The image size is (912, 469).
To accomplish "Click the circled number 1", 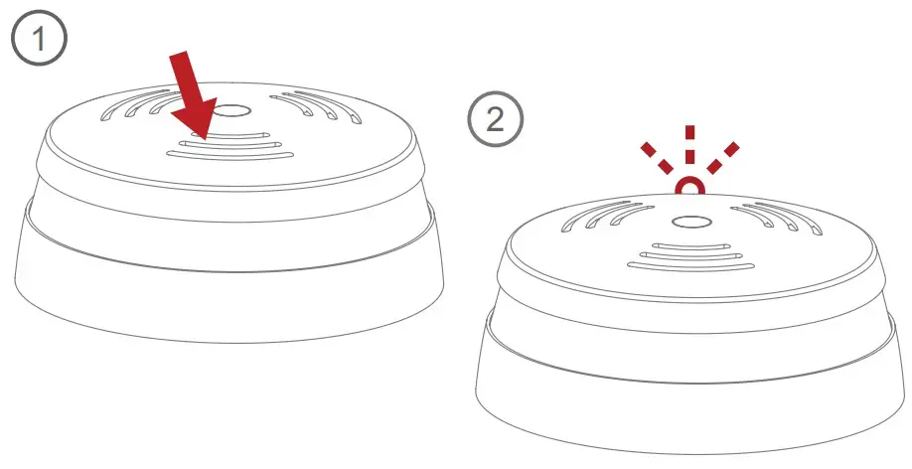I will [39, 41].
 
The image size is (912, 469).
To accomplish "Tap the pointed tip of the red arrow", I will [202, 136].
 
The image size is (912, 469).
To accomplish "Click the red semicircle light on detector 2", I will [687, 186].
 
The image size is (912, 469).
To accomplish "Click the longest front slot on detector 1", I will [229, 154].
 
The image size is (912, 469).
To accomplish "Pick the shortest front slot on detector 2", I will [688, 244].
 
